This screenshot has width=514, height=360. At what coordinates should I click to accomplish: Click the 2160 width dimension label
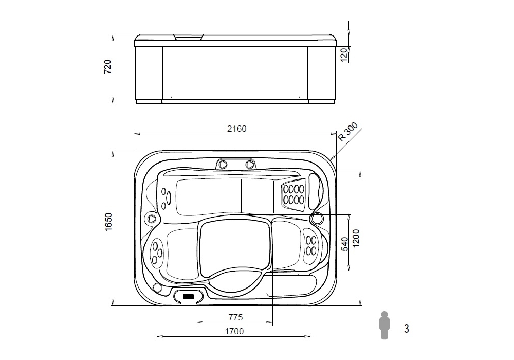[x=236, y=129]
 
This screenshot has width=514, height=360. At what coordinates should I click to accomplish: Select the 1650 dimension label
[x=108, y=222]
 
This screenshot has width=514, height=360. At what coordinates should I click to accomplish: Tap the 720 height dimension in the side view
[x=107, y=66]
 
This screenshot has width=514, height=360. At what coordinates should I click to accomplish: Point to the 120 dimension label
[x=344, y=55]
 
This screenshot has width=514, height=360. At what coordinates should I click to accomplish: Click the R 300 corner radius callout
[x=348, y=132]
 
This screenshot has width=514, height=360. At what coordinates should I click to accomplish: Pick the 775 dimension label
[x=236, y=317]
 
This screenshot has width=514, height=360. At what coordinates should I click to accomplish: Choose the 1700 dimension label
[x=234, y=332]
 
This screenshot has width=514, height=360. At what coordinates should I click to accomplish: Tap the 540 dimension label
[x=345, y=244]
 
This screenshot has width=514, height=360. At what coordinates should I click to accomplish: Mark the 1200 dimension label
[x=356, y=238]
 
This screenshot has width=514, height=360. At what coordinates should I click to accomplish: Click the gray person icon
[x=384, y=325]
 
